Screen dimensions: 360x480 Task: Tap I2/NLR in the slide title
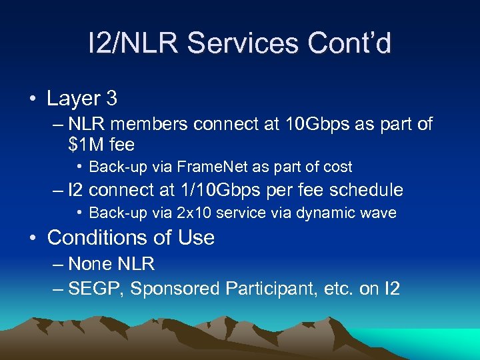pyautogui.click(x=133, y=44)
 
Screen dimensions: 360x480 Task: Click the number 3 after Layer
pyautogui.click(x=111, y=99)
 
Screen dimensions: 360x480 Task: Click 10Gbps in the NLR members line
pyautogui.click(x=311, y=124)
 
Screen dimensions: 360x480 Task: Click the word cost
pyautogui.click(x=337, y=167)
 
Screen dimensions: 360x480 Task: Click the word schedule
pyautogui.click(x=365, y=190)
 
